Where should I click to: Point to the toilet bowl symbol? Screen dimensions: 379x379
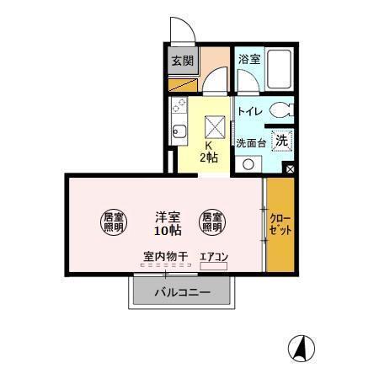(x=283, y=109)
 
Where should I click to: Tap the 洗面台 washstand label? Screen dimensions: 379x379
(x=251, y=143)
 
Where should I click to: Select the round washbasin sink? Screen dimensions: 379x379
(x=248, y=164)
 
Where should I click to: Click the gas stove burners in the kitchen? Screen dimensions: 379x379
(x=178, y=106)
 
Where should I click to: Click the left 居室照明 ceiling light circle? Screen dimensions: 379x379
(x=113, y=222)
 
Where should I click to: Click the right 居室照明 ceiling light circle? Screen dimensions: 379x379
(x=211, y=222)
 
